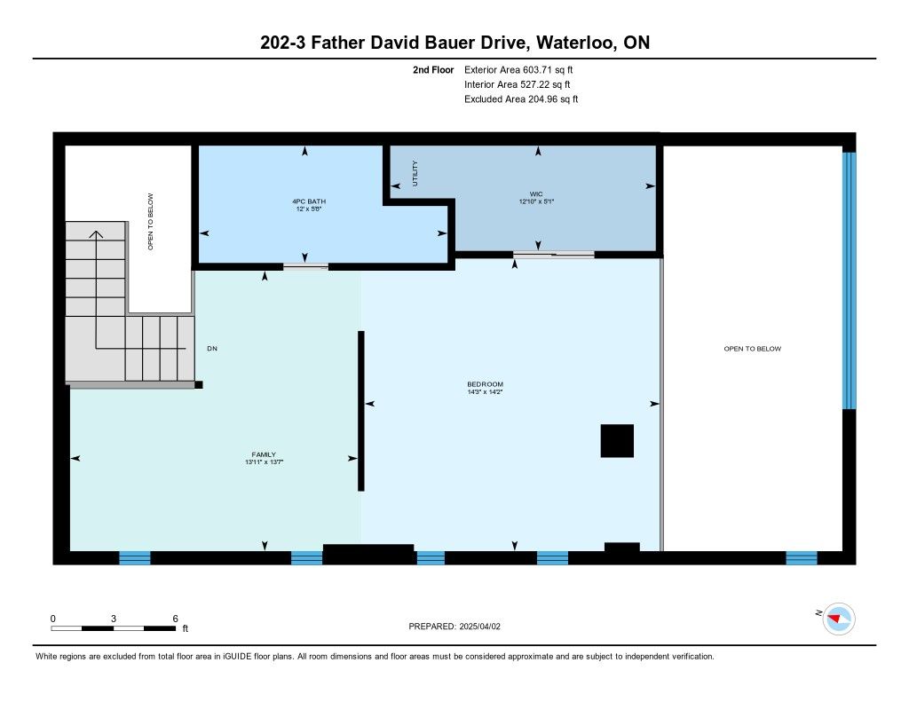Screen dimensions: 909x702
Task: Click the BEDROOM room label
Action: click(x=486, y=383)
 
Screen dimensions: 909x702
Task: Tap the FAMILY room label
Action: click(x=264, y=454)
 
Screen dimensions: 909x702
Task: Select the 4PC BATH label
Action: click(x=309, y=201)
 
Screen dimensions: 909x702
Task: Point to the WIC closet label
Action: click(x=536, y=194)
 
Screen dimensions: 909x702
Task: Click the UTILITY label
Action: click(x=415, y=173)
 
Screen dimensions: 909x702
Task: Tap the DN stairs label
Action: click(x=212, y=349)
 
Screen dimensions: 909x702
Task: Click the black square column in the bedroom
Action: click(x=617, y=440)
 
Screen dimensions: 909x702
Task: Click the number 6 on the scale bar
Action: click(x=175, y=619)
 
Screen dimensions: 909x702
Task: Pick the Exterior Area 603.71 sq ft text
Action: click(x=518, y=69)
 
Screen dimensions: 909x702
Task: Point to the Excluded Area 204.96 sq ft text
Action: click(x=521, y=99)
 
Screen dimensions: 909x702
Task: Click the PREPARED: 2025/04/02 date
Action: click(x=454, y=626)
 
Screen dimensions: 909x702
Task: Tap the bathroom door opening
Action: click(x=305, y=266)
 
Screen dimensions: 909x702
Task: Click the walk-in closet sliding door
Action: click(x=554, y=254)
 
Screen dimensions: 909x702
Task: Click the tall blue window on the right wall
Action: click(x=849, y=280)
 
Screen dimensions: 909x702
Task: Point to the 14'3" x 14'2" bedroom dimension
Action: click(x=486, y=392)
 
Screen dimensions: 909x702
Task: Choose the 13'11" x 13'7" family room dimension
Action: click(x=264, y=462)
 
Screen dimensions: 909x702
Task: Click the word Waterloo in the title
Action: click(x=576, y=43)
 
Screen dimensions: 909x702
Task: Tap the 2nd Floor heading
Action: click(x=433, y=69)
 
